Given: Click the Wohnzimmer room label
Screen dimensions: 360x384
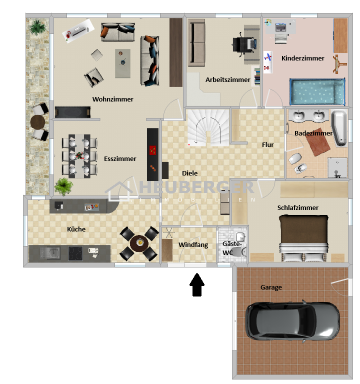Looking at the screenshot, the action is click(113, 99).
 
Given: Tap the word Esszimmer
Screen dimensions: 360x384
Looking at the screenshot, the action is click(120, 158).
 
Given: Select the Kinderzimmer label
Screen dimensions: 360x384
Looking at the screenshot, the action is click(302, 58).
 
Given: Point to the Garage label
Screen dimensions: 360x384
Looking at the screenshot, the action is click(271, 287).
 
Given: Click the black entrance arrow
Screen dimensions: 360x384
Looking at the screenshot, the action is click(197, 284).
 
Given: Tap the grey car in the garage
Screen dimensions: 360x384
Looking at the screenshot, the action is click(292, 321).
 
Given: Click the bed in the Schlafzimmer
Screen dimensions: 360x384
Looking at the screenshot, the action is click(303, 237).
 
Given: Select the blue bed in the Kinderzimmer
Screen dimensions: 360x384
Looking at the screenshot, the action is click(317, 91).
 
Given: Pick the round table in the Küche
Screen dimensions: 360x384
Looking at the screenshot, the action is click(139, 243).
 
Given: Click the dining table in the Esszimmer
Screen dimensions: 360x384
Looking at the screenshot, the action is click(79, 156).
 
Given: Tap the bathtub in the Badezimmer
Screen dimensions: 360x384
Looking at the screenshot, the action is click(339, 128).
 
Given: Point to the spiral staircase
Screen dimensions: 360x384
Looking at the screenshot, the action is click(208, 127).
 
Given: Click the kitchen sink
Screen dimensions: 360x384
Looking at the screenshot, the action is click(50, 252).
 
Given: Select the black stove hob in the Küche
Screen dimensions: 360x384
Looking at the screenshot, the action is click(75, 253).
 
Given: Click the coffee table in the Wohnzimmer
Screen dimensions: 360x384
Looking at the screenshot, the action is click(122, 63).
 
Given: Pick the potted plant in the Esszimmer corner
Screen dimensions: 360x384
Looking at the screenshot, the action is click(63, 186).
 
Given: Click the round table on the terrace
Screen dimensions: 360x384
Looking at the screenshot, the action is click(37, 121).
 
